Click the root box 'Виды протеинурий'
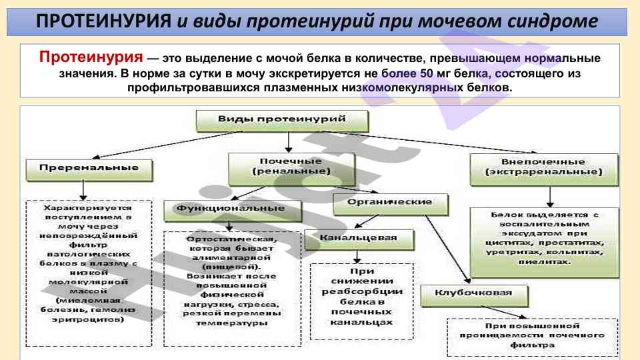click(x=281, y=120)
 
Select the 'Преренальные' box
click(x=89, y=169)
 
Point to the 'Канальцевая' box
click(x=358, y=239)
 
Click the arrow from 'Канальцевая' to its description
click(x=358, y=255)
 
